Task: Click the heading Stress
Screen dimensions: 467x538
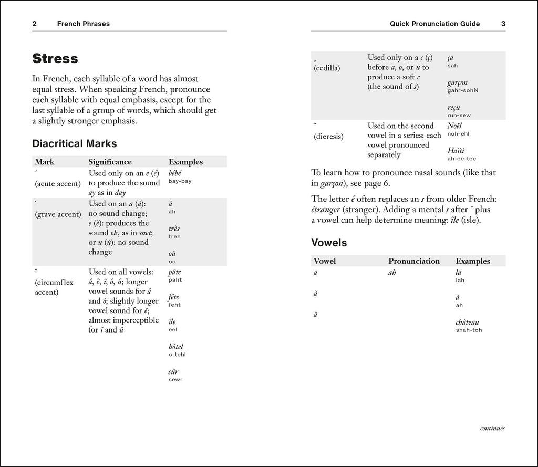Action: coord(55,58)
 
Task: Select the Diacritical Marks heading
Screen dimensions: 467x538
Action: coord(75,143)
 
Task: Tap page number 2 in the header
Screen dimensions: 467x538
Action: coord(34,24)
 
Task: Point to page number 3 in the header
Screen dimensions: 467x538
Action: coord(503,24)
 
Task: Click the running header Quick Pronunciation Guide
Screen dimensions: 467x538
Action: coord(439,24)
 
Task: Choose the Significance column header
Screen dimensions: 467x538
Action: coord(110,162)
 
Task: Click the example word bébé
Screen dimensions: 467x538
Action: coord(177,173)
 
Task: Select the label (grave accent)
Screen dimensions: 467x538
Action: coord(58,214)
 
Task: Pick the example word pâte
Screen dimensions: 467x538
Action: coord(174,272)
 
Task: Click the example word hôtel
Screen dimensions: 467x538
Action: coord(176,346)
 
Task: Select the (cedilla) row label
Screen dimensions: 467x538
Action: coord(327,68)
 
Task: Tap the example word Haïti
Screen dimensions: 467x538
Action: coord(456,150)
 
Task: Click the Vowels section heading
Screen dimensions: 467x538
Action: coord(329,243)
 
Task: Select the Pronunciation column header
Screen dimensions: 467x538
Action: coord(414,261)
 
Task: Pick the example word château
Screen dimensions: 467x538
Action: coord(467,322)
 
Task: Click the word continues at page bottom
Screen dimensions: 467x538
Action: coord(492,428)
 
